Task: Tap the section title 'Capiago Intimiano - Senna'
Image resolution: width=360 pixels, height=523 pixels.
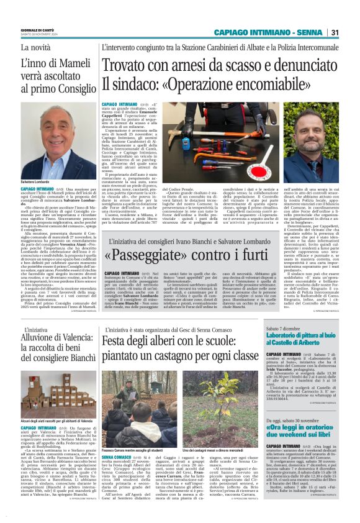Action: pyautogui.click(x=268, y=32)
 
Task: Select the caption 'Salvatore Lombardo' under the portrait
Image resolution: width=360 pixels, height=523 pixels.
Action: pyautogui.click(x=37, y=181)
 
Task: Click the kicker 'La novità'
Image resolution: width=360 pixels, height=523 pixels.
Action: pyautogui.click(x=37, y=47)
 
